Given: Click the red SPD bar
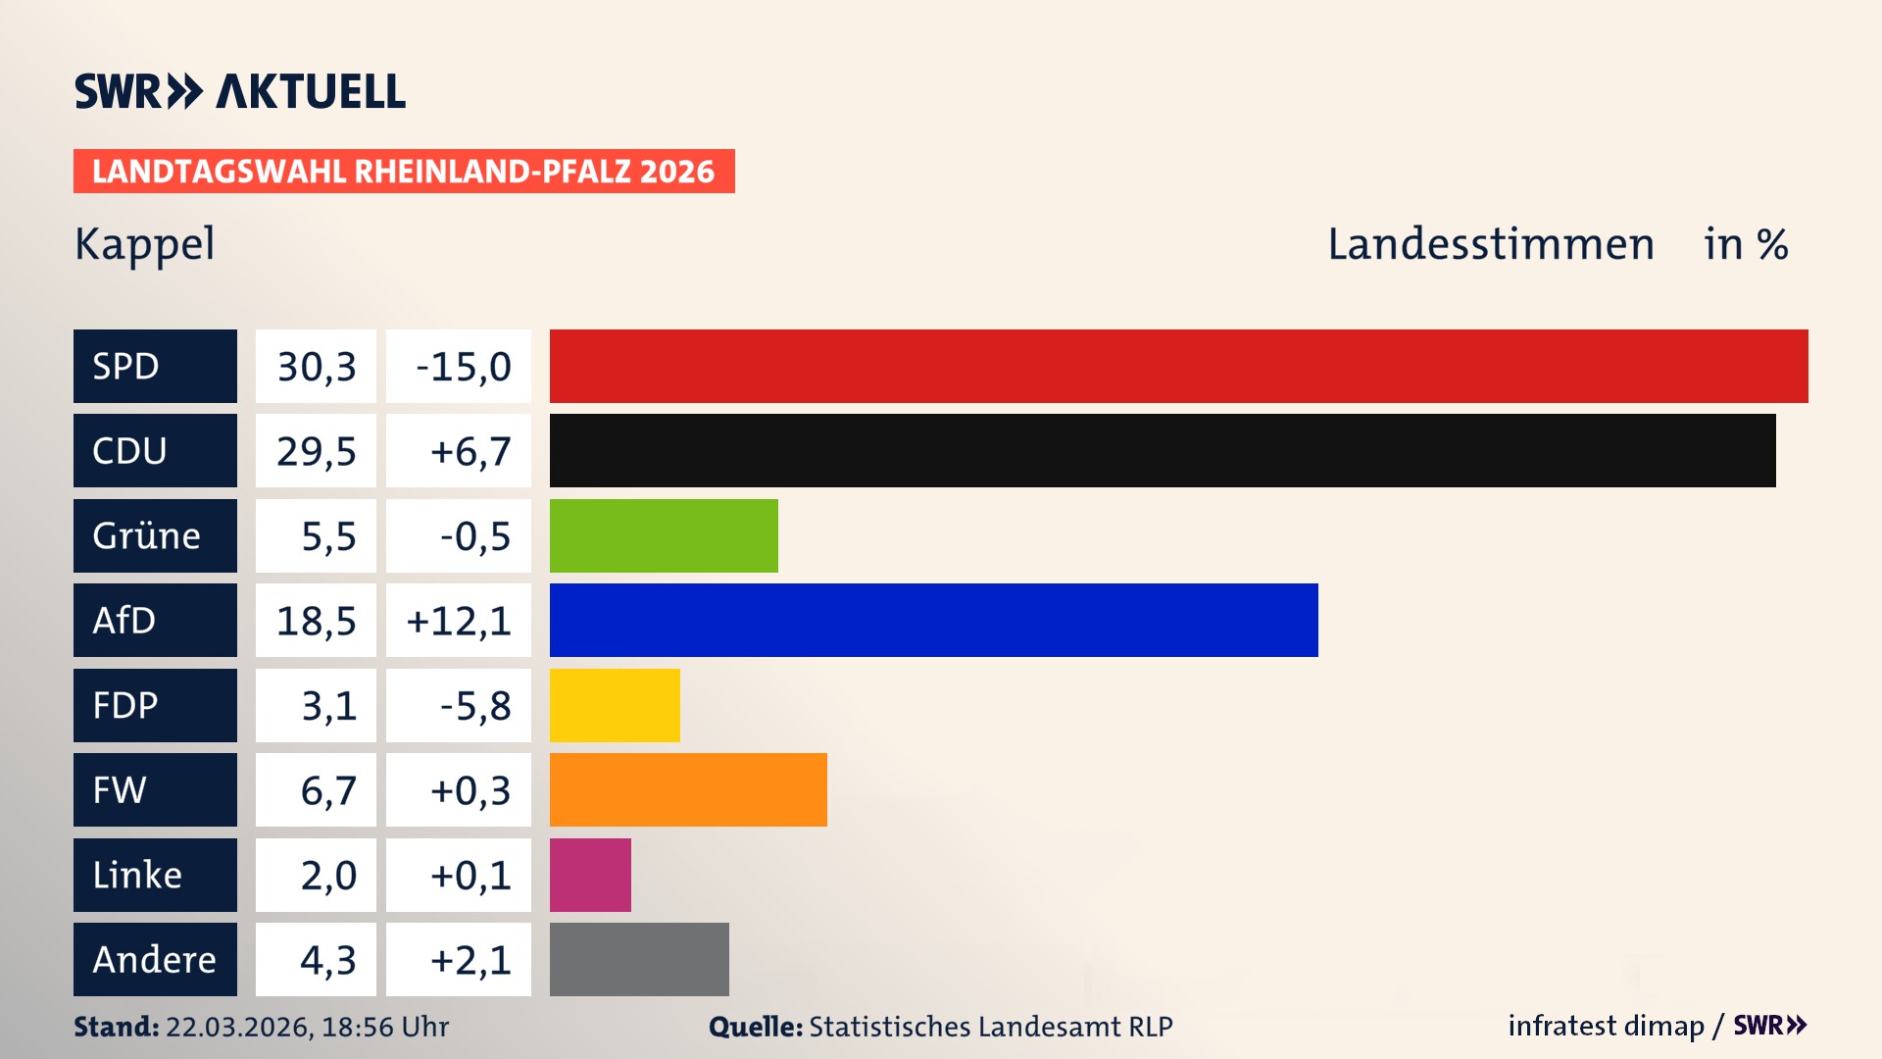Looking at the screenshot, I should (1178, 366).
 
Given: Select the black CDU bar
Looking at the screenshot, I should (1163, 451).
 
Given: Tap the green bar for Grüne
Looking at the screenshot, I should (664, 535).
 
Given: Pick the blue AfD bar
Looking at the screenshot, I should (933, 621).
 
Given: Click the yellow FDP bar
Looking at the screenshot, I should (615, 705).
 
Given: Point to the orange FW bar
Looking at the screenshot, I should (688, 790).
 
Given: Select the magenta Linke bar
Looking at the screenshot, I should (590, 875).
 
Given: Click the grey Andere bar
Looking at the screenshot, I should (639, 960).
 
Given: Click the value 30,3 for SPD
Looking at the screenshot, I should (316, 367).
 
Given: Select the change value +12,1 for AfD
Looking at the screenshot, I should (459, 621).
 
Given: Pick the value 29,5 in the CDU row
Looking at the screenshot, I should (316, 451).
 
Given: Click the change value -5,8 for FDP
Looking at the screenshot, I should (474, 706).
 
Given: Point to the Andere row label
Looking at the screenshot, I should (155, 960).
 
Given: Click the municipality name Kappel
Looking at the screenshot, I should (145, 244).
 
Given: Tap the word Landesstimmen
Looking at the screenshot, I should (1490, 244).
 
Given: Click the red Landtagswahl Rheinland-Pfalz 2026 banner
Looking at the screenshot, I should (404, 172).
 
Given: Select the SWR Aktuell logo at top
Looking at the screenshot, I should (240, 91).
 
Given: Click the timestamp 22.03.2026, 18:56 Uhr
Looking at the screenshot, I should (307, 1027).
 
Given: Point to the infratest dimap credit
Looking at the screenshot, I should (1605, 1026).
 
